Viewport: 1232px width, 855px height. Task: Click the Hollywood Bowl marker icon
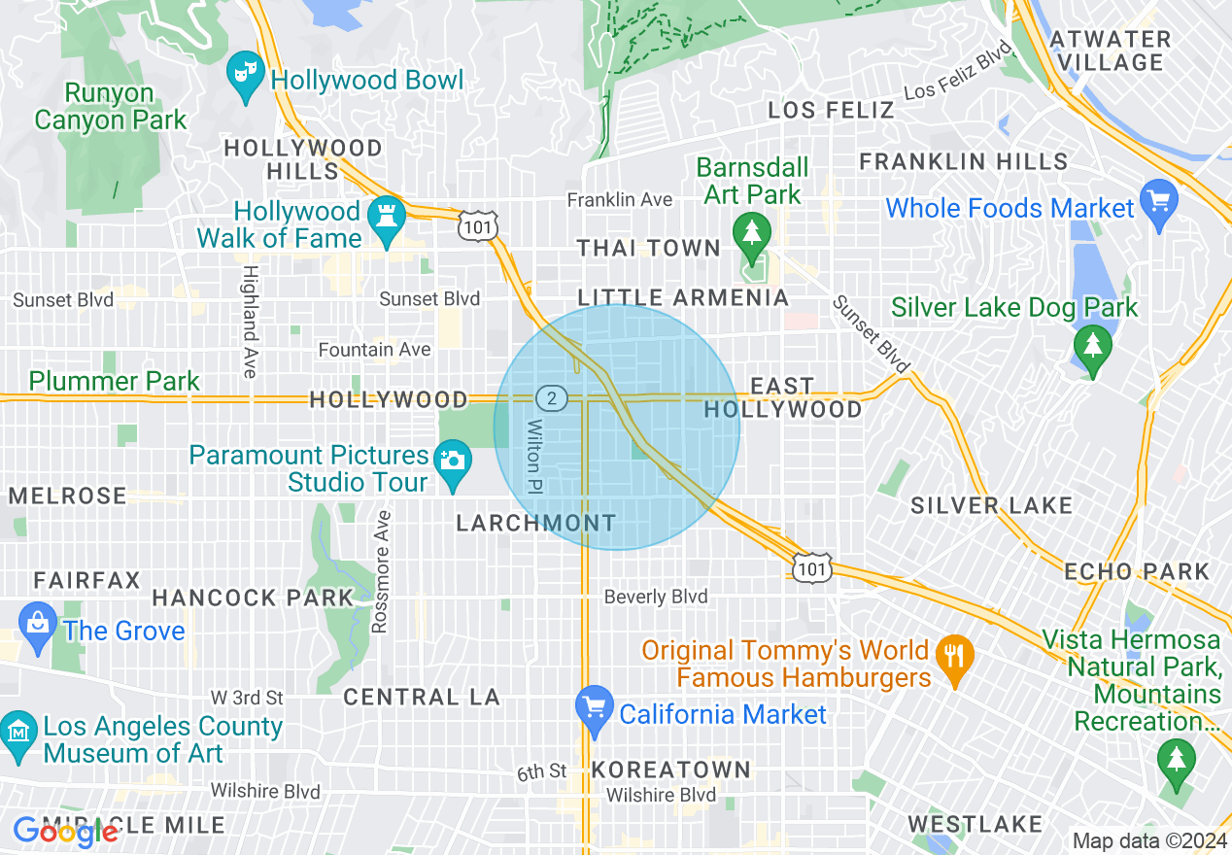click(246, 75)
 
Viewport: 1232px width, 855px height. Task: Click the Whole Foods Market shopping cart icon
click(1158, 203)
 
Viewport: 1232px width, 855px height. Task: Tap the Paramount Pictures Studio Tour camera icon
click(452, 460)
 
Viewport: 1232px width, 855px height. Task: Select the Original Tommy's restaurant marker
click(955, 656)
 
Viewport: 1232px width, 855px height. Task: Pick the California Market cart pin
click(593, 708)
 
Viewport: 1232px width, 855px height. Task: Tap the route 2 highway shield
click(551, 397)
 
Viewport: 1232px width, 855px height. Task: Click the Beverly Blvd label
click(656, 597)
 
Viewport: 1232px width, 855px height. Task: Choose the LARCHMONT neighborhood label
click(535, 524)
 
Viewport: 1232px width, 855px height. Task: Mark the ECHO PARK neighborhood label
click(1137, 571)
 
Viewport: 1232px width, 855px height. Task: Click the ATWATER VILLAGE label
click(1111, 51)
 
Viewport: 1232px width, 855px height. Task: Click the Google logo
click(65, 831)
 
